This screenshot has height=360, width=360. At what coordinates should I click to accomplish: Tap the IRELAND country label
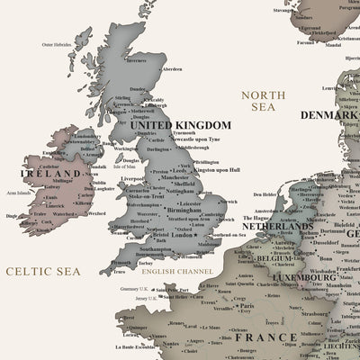click(44, 167)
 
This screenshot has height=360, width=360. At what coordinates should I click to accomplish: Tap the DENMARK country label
click(329, 115)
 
